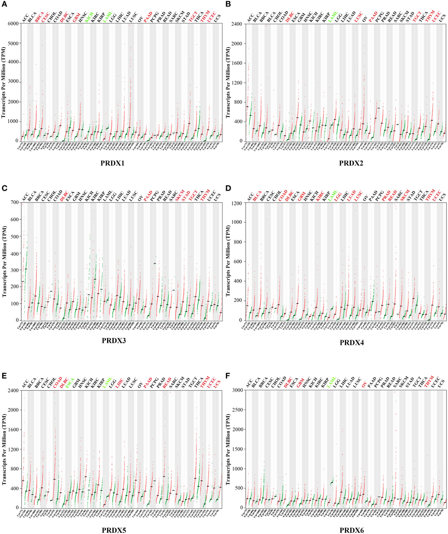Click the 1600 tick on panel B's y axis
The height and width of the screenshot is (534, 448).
(236, 63)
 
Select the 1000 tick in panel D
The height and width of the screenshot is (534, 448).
(237, 222)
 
